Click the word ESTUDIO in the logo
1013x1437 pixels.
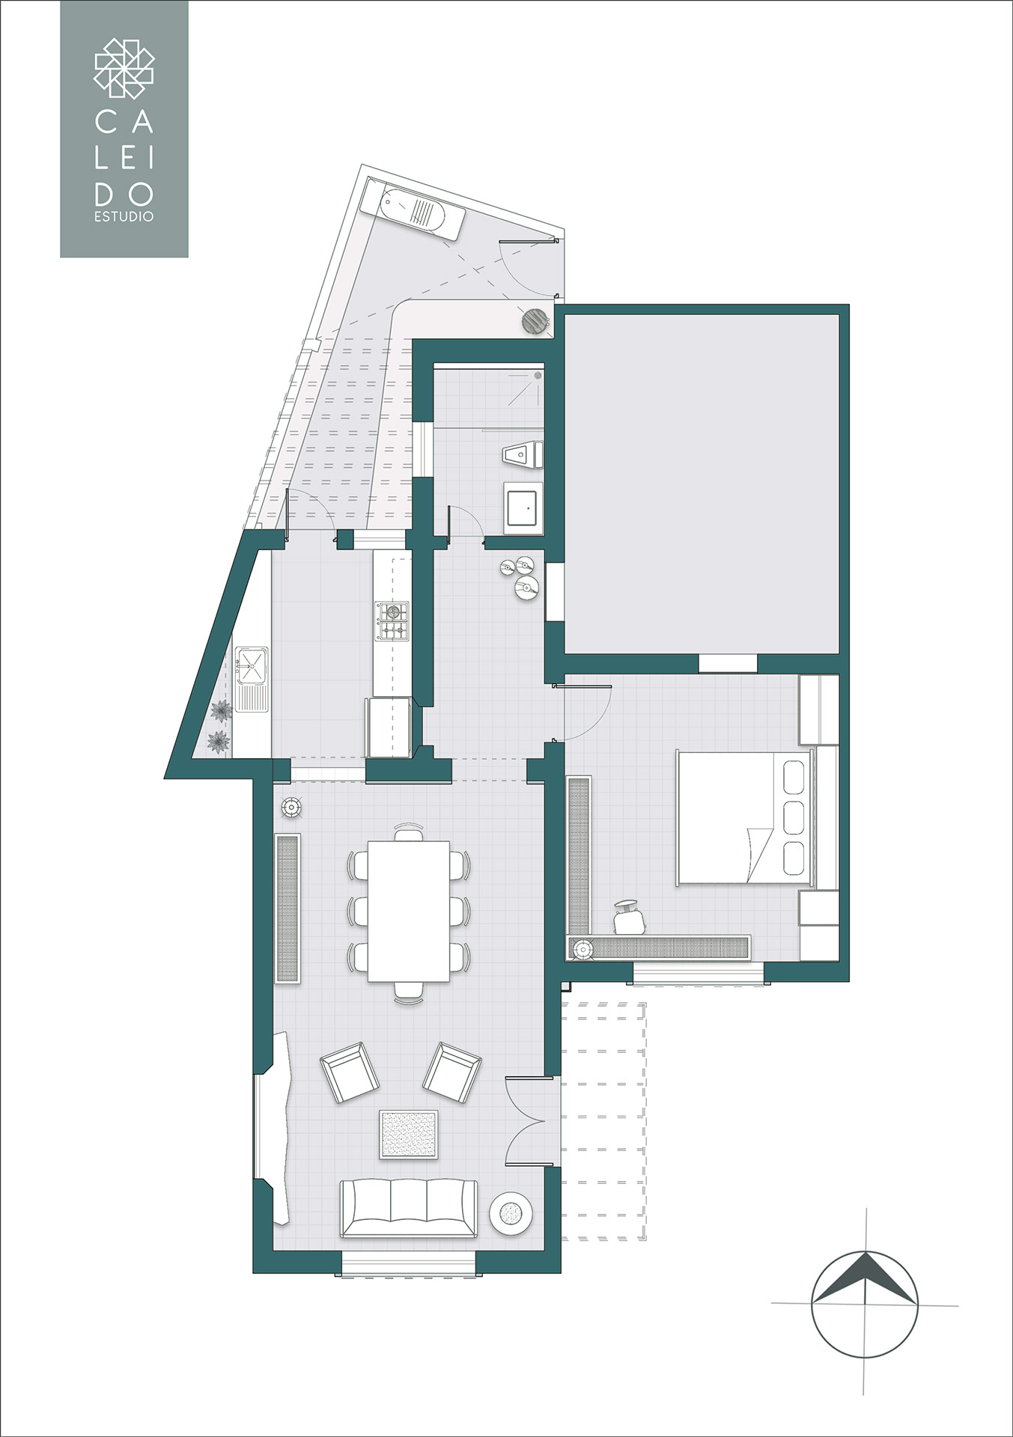click(x=124, y=216)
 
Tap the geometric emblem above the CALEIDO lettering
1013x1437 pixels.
click(x=124, y=69)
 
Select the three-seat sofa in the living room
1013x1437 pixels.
click(x=409, y=1208)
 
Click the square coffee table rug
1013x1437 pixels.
click(x=409, y=1135)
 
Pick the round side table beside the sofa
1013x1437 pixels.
click(x=511, y=1212)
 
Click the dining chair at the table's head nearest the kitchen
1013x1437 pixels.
click(x=409, y=832)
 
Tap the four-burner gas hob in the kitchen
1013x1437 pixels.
click(x=392, y=621)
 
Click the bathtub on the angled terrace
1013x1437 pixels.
click(x=413, y=209)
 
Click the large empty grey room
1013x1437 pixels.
click(x=702, y=484)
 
